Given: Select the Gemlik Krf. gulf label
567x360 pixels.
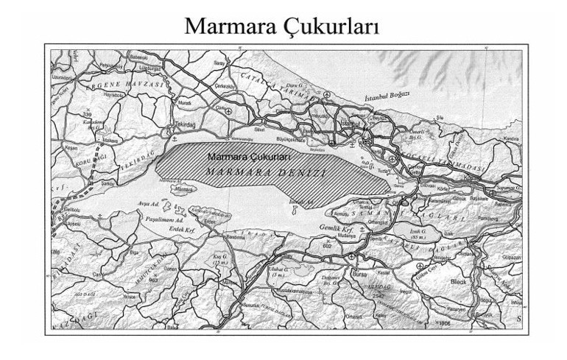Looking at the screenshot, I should (x=343, y=228).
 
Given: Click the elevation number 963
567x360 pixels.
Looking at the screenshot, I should (x=153, y=280).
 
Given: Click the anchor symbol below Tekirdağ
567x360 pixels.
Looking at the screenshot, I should (x=174, y=138).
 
